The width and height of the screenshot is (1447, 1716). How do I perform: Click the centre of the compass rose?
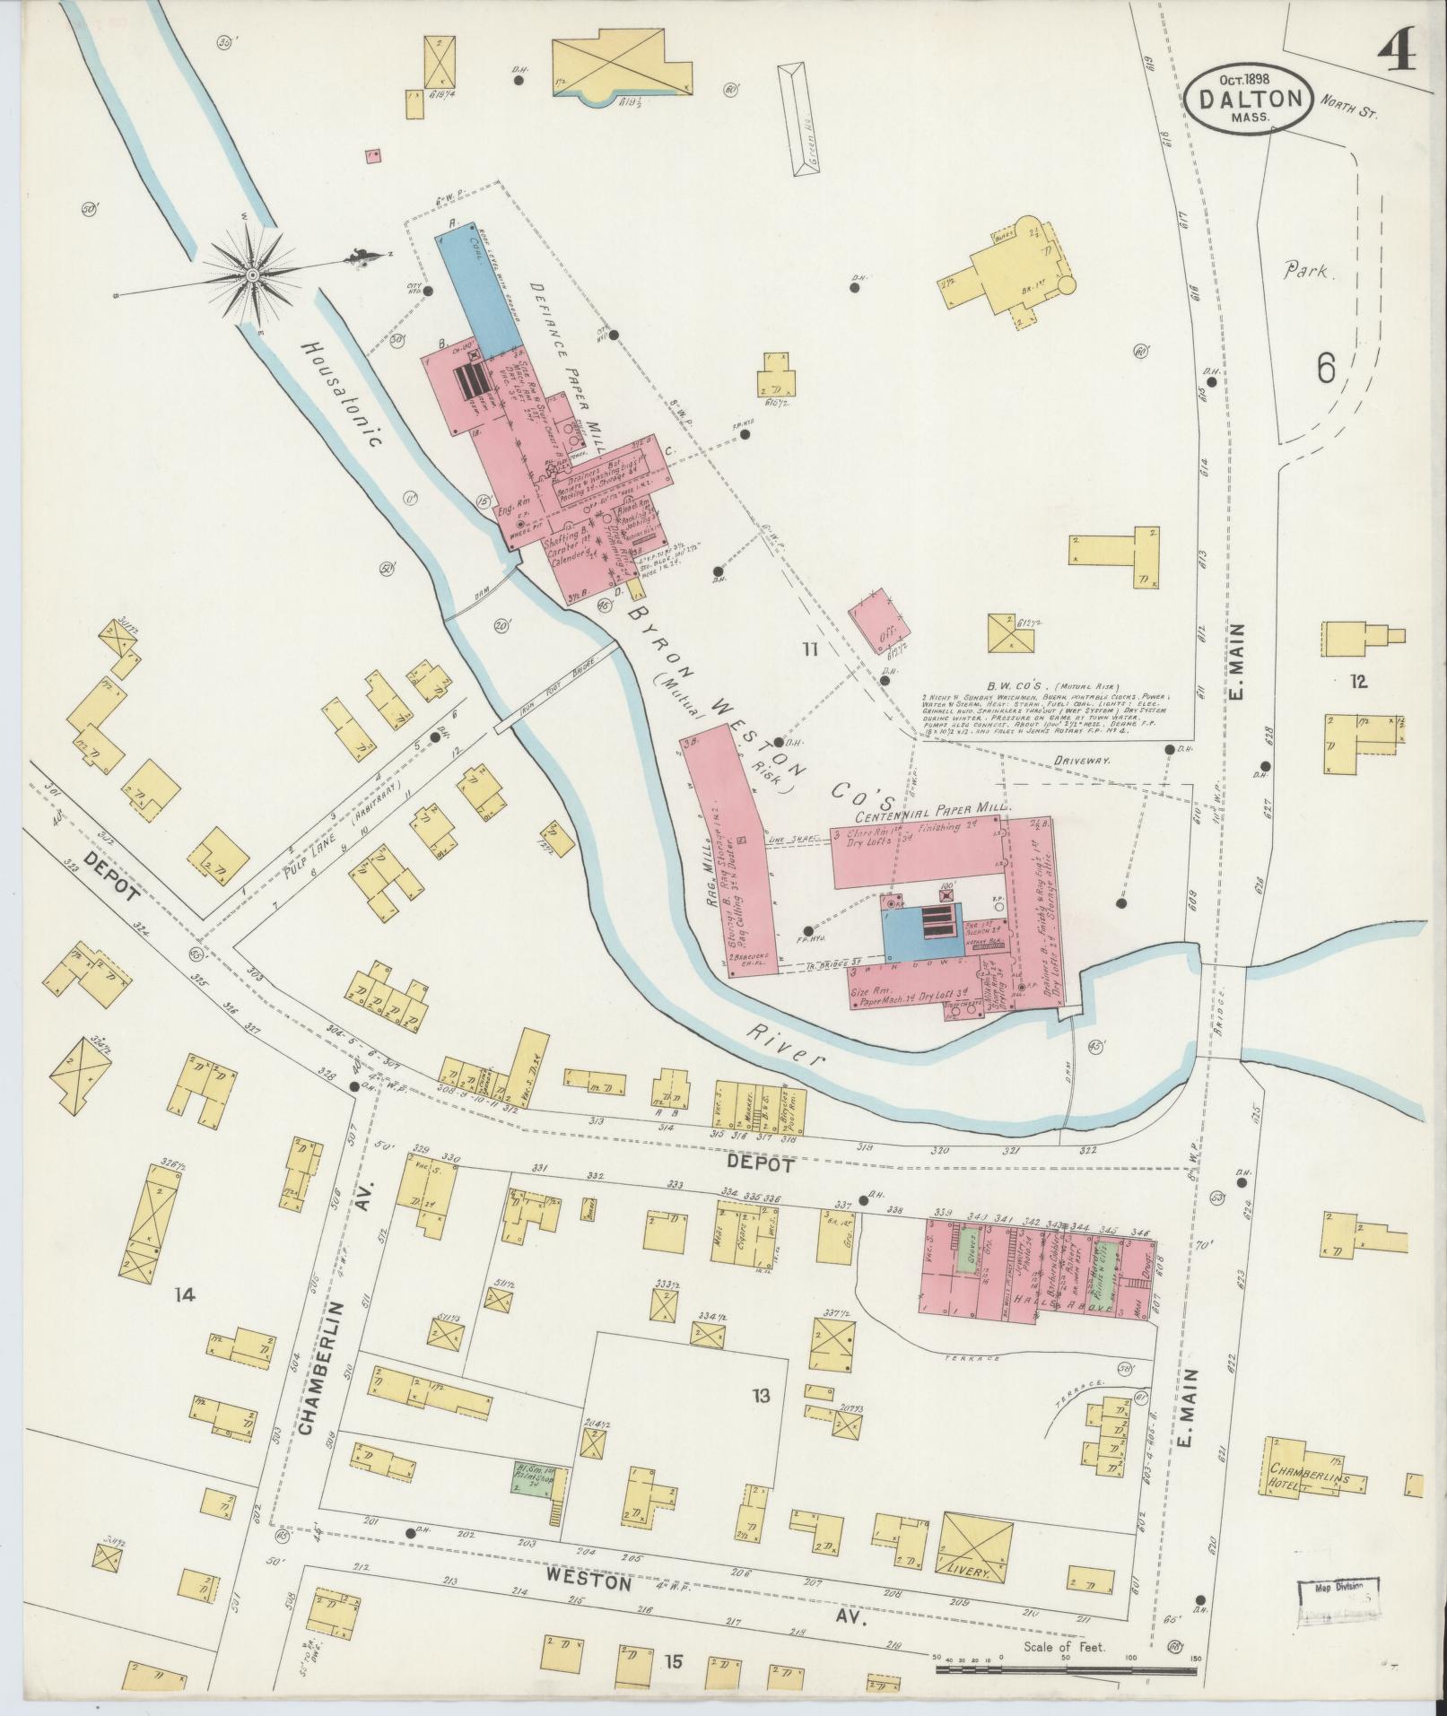click(253, 274)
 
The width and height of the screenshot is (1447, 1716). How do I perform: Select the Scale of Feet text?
click(1065, 1647)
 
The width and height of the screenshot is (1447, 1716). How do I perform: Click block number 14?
click(185, 1294)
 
